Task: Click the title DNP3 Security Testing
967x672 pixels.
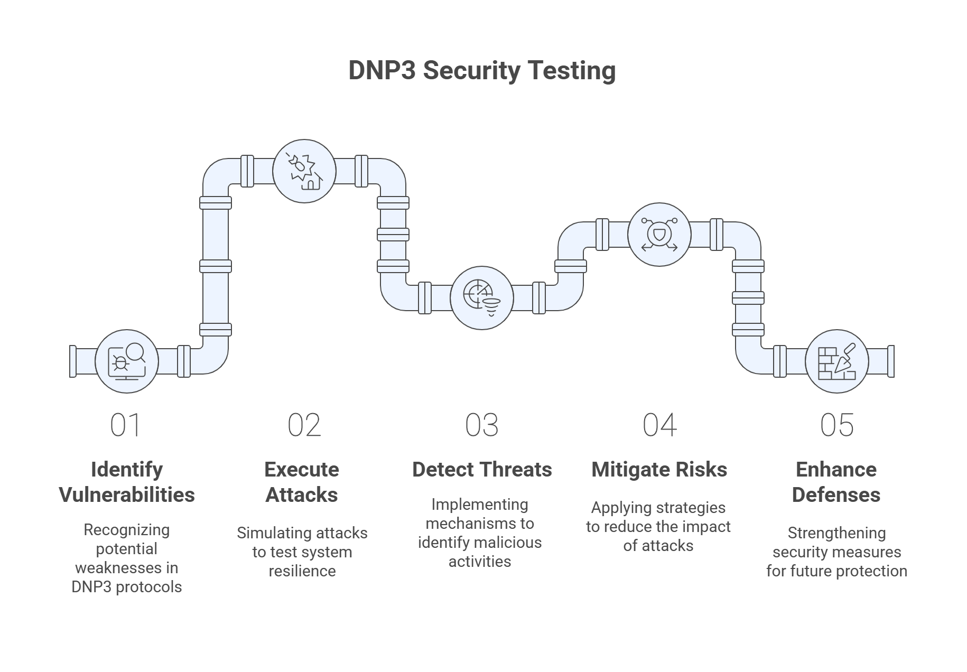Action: point(481,71)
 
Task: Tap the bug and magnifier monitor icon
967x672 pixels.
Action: point(127,361)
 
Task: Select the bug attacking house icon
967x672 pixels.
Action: point(304,171)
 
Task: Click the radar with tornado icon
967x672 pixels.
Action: point(481,298)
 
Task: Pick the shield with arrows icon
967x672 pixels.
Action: point(658,234)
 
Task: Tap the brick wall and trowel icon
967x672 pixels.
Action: point(836,361)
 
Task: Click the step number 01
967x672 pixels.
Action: point(126,425)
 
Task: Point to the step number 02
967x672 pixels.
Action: point(304,425)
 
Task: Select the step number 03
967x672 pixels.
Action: point(481,425)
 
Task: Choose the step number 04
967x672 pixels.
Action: point(659,425)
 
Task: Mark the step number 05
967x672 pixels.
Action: point(836,425)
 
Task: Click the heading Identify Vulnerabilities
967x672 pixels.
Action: point(127,482)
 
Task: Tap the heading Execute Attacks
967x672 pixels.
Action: point(302,482)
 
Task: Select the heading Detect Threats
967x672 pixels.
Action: point(482,470)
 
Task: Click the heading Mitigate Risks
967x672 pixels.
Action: point(659,470)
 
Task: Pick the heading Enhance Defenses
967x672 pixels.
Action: point(836,482)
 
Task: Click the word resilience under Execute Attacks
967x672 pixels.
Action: point(302,571)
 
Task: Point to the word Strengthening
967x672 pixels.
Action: point(836,533)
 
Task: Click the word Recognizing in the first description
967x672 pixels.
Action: point(127,530)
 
